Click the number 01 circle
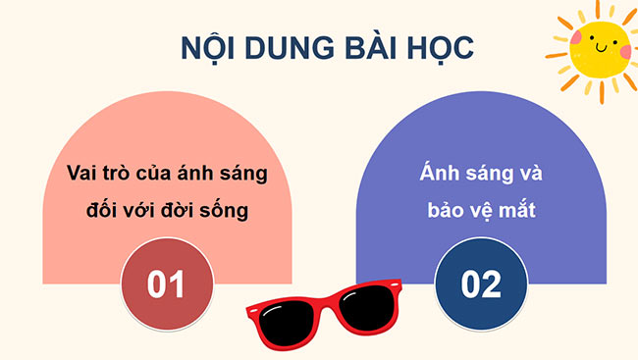tap(166, 283)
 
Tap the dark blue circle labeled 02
tap(480, 283)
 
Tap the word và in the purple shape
tap(530, 174)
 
